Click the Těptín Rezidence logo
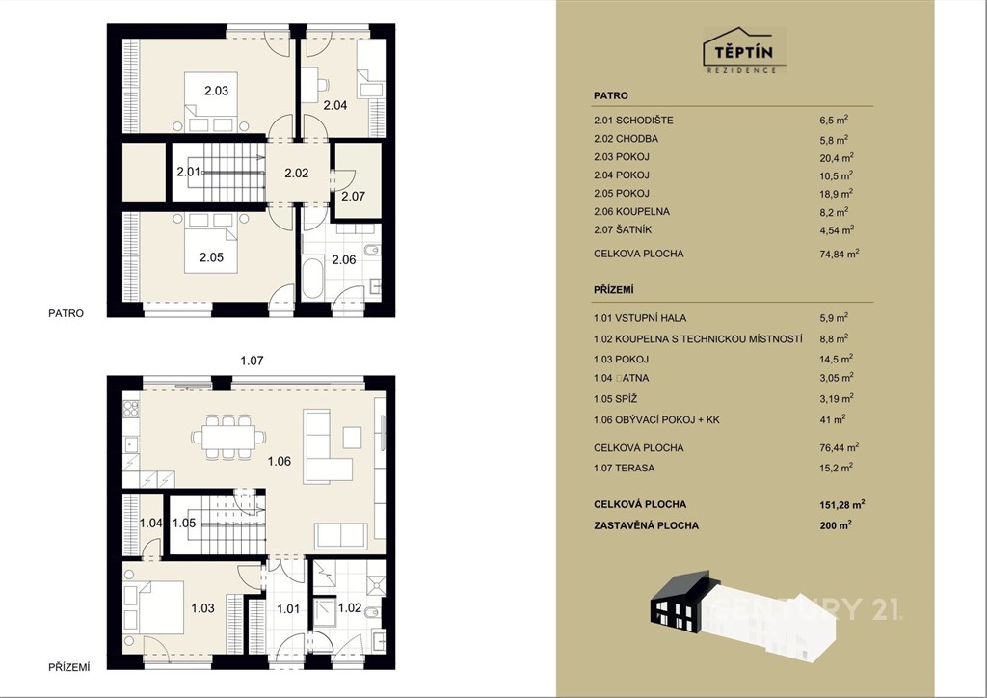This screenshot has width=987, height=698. click(744, 50)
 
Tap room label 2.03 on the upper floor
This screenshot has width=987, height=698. click(217, 91)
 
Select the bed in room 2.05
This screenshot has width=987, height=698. click(211, 243)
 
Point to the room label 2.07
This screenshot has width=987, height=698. click(353, 196)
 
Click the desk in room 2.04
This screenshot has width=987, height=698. click(309, 84)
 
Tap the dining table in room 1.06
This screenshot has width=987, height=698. click(228, 436)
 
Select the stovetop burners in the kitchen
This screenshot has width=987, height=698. click(130, 409)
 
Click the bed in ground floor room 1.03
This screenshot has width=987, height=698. click(153, 606)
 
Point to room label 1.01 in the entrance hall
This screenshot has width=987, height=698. click(288, 608)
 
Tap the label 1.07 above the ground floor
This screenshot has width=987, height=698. click(252, 361)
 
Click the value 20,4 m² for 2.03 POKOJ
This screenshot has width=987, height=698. click(836, 157)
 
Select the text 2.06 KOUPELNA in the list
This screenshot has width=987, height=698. click(631, 211)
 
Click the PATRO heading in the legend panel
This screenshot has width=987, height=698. click(610, 95)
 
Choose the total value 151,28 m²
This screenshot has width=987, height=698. click(842, 504)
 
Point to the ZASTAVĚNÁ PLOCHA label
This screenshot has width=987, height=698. click(646, 525)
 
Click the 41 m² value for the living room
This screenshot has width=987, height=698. click(832, 419)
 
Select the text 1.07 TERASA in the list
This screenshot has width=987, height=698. click(624, 468)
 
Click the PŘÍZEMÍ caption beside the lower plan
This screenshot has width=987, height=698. click(69, 667)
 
